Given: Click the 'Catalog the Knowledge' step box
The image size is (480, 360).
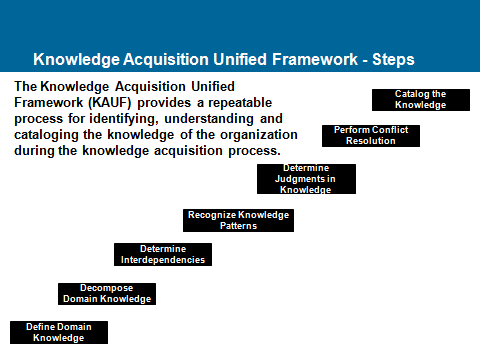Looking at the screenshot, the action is point(421,100).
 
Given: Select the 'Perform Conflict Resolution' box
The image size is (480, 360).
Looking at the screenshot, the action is point(371,136).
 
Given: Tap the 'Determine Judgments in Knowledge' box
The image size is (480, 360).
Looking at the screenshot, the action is point(306,179).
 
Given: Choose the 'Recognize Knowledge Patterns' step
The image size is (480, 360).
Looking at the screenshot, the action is point(238,220).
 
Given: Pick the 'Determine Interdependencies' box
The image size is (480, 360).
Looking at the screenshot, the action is point(163,254).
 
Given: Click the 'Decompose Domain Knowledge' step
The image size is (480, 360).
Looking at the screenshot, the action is point(107,294).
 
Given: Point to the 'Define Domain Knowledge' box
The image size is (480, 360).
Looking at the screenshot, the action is point(59,332).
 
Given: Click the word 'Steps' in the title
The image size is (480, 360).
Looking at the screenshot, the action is point(393,60).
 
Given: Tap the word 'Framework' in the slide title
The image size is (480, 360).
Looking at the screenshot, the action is point(315,59).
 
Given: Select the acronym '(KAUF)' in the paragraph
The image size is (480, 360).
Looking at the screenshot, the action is point(110,103).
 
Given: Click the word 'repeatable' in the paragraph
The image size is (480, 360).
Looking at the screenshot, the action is point(240,103).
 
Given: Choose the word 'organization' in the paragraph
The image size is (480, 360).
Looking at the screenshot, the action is point(259,135).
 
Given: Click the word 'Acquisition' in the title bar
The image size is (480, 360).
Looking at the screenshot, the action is point(166,60).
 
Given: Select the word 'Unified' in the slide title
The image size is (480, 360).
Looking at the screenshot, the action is point(240,59).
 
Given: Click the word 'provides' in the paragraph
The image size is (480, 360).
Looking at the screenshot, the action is point(164,103).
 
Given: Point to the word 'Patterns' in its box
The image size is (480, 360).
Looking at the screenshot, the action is point(238,226).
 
